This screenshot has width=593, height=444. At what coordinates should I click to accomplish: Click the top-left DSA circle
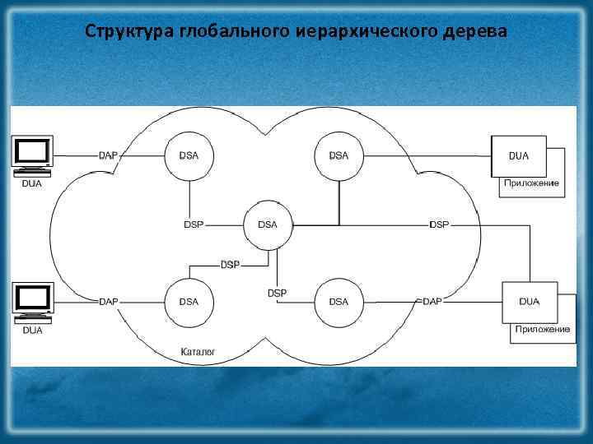pyautogui.click(x=189, y=155)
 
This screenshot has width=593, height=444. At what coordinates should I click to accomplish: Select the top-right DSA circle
pyautogui.click(x=339, y=155)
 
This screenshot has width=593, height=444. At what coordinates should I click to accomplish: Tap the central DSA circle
pyautogui.click(x=268, y=224)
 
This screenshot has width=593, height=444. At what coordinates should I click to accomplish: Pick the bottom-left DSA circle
pyautogui.click(x=189, y=302)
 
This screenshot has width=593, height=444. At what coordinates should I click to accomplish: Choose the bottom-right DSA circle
pyautogui.click(x=339, y=302)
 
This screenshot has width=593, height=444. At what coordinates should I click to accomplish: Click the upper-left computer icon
pyautogui.click(x=32, y=152)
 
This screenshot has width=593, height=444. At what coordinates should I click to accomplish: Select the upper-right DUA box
pyautogui.click(x=519, y=155)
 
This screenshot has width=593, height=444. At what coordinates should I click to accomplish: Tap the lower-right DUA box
pyautogui.click(x=529, y=302)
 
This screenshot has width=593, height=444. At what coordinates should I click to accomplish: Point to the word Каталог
pyautogui.click(x=198, y=352)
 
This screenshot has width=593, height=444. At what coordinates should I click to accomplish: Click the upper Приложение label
pyautogui.click(x=532, y=183)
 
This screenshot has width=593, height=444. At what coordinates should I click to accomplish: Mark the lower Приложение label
pyautogui.click(x=542, y=329)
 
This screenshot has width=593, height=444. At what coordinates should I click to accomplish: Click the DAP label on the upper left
pyautogui.click(x=108, y=155)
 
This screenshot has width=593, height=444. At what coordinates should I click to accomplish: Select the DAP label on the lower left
pyautogui.click(x=108, y=302)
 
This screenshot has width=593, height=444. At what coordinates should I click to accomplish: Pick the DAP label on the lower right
pyautogui.click(x=432, y=302)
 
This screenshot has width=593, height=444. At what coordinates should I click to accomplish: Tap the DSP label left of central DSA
pyautogui.click(x=193, y=224)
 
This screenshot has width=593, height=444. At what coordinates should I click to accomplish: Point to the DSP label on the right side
pyautogui.click(x=439, y=224)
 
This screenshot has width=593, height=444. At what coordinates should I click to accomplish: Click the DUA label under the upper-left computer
pyautogui.click(x=31, y=183)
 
